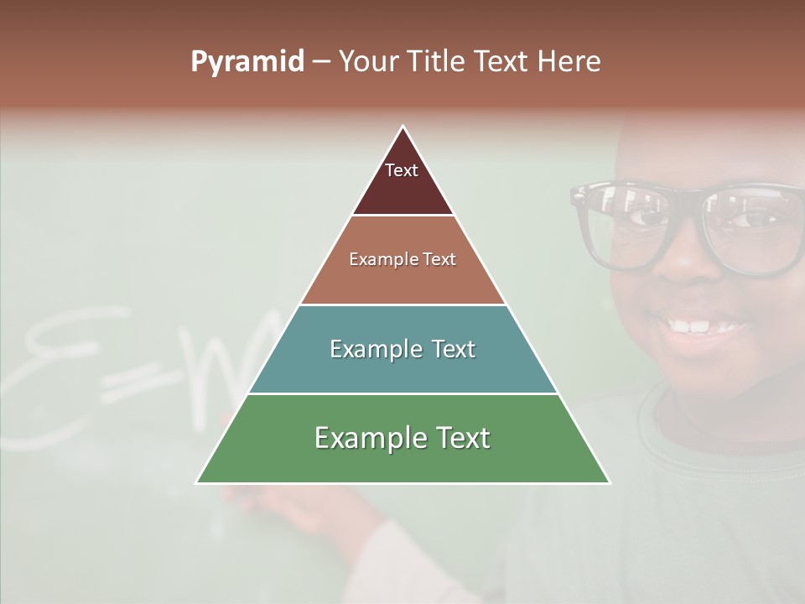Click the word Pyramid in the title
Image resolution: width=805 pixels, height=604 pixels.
pyautogui.click(x=247, y=62)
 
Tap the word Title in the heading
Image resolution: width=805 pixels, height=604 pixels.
pyautogui.click(x=438, y=62)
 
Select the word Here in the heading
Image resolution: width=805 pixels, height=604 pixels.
pyautogui.click(x=569, y=62)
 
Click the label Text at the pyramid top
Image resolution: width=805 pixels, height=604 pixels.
pyautogui.click(x=402, y=170)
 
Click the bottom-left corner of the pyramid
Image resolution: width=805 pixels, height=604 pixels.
pyautogui.click(x=197, y=482)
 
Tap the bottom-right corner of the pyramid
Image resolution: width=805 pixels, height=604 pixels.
pyautogui.click(x=610, y=482)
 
